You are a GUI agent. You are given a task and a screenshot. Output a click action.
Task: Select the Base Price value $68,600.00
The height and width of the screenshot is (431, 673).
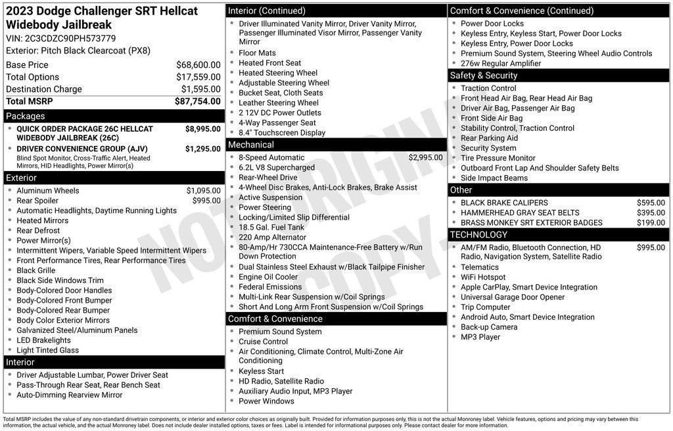click(198, 65)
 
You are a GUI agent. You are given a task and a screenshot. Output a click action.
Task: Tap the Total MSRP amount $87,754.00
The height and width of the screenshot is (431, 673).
click(197, 101)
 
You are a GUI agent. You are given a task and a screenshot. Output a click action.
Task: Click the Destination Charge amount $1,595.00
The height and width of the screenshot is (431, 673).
click(200, 89)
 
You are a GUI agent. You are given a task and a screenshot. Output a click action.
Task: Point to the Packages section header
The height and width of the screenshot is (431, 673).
click(25, 116)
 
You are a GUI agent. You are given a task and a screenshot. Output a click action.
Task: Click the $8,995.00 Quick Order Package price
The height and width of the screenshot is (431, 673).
click(202, 129)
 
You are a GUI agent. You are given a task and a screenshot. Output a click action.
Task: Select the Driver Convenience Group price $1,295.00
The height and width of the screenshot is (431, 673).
click(202, 149)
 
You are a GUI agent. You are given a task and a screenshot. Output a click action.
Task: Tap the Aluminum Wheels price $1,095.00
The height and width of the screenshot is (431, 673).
click(203, 191)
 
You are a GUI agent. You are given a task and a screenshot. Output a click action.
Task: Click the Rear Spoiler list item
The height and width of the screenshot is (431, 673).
click(37, 201)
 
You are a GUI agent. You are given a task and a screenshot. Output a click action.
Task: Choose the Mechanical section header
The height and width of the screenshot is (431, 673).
click(251, 145)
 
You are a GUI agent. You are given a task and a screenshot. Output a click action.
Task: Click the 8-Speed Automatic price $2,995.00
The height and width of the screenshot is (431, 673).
click(425, 158)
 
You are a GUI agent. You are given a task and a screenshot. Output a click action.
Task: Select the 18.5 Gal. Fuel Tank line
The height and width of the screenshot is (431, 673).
click(271, 227)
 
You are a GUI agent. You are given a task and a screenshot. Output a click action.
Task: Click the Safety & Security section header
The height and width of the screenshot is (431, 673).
click(484, 76)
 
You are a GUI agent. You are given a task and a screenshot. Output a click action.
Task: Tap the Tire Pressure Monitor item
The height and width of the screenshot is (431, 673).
click(498, 158)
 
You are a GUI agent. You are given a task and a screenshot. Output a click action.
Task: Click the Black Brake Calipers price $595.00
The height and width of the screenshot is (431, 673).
click(651, 203)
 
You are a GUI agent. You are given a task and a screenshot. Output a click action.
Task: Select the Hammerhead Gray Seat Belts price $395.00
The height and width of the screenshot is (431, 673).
click(651, 213)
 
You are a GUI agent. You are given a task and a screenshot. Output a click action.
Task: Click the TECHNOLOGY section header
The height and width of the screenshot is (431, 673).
click(479, 235)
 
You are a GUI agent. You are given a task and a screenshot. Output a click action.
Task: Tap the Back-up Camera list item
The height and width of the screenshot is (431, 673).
click(489, 327)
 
